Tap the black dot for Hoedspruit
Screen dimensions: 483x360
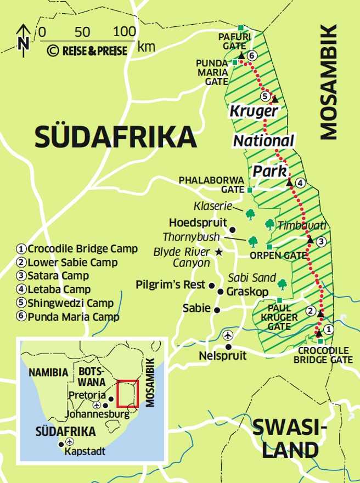tap(233, 229)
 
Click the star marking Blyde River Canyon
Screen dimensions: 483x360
tap(219, 252)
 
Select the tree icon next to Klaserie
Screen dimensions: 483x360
tap(250, 213)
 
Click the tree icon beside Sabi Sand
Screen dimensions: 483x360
tap(283, 284)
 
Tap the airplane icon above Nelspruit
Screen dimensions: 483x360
tap(228, 334)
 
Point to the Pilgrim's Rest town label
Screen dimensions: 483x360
tap(171, 285)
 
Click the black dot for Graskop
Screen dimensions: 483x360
tap(221, 292)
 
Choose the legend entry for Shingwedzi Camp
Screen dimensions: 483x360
tap(65, 303)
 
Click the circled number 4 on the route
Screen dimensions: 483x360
tap(300, 183)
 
